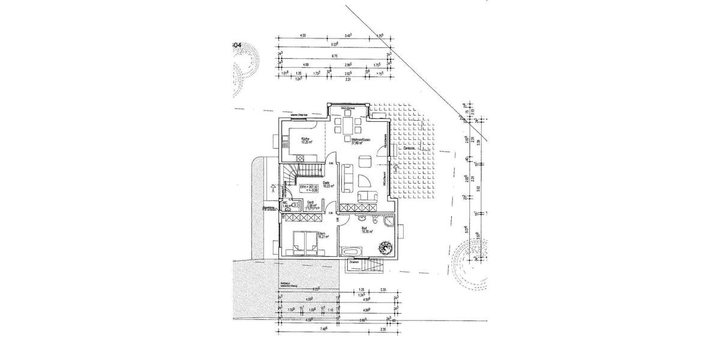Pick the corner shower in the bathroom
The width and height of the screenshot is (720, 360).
(388, 223)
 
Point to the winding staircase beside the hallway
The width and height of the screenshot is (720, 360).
(292, 175)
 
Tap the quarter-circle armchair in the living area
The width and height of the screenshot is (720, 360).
(362, 181)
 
